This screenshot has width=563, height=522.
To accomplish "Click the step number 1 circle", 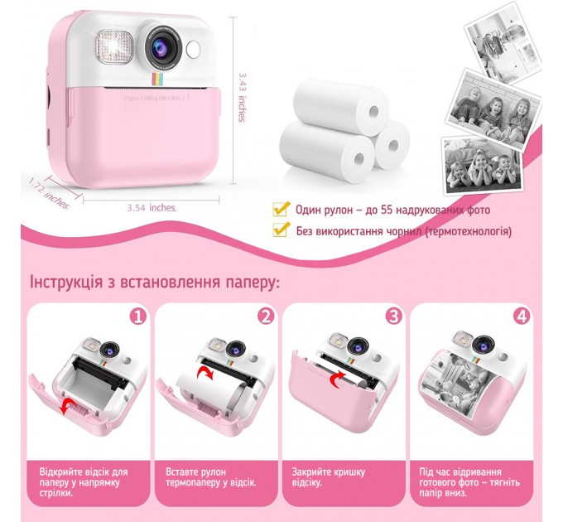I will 137,316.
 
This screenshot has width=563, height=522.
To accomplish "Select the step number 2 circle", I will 265,316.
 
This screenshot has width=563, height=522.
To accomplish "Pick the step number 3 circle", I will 393,316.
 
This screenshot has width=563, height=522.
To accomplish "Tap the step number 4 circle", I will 521,316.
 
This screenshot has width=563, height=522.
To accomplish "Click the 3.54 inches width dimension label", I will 152,207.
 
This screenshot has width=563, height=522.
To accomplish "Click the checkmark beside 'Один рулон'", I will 281,209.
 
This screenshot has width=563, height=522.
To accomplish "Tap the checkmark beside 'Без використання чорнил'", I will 281,231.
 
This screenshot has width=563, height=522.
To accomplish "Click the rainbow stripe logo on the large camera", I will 156,80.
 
